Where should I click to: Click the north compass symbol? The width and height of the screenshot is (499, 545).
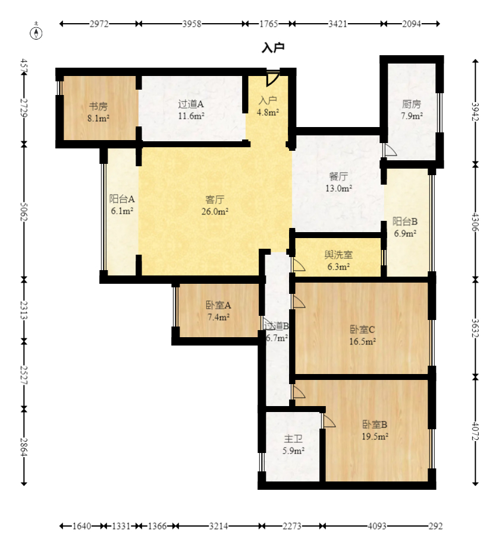click(36, 31)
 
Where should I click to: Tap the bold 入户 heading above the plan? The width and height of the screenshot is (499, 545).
click(274, 47)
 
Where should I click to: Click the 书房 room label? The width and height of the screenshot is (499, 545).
click(98, 106)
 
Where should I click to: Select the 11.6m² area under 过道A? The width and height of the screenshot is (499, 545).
click(191, 116)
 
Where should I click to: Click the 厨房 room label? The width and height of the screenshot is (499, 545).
click(412, 104)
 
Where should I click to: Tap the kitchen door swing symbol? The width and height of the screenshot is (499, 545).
click(390, 150)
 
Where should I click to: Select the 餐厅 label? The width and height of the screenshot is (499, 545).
click(338, 176)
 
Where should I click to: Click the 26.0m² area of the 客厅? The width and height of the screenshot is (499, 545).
click(215, 211)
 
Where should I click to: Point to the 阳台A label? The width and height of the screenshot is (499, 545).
click(122, 199)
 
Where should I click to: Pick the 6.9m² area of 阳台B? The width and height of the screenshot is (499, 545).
click(405, 233)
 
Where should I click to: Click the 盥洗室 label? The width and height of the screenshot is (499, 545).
click(338, 255)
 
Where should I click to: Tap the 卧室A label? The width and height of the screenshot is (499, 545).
click(218, 305)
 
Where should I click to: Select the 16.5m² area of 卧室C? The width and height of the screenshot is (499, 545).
click(362, 341)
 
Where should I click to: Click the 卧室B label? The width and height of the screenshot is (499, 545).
click(375, 424)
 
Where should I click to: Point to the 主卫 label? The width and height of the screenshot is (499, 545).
click(293, 439)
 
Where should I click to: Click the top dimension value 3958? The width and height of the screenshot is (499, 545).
click(192, 24)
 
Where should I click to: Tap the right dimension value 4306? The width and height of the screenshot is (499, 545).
click(475, 223)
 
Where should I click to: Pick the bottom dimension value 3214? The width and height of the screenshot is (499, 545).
click(218, 526)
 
